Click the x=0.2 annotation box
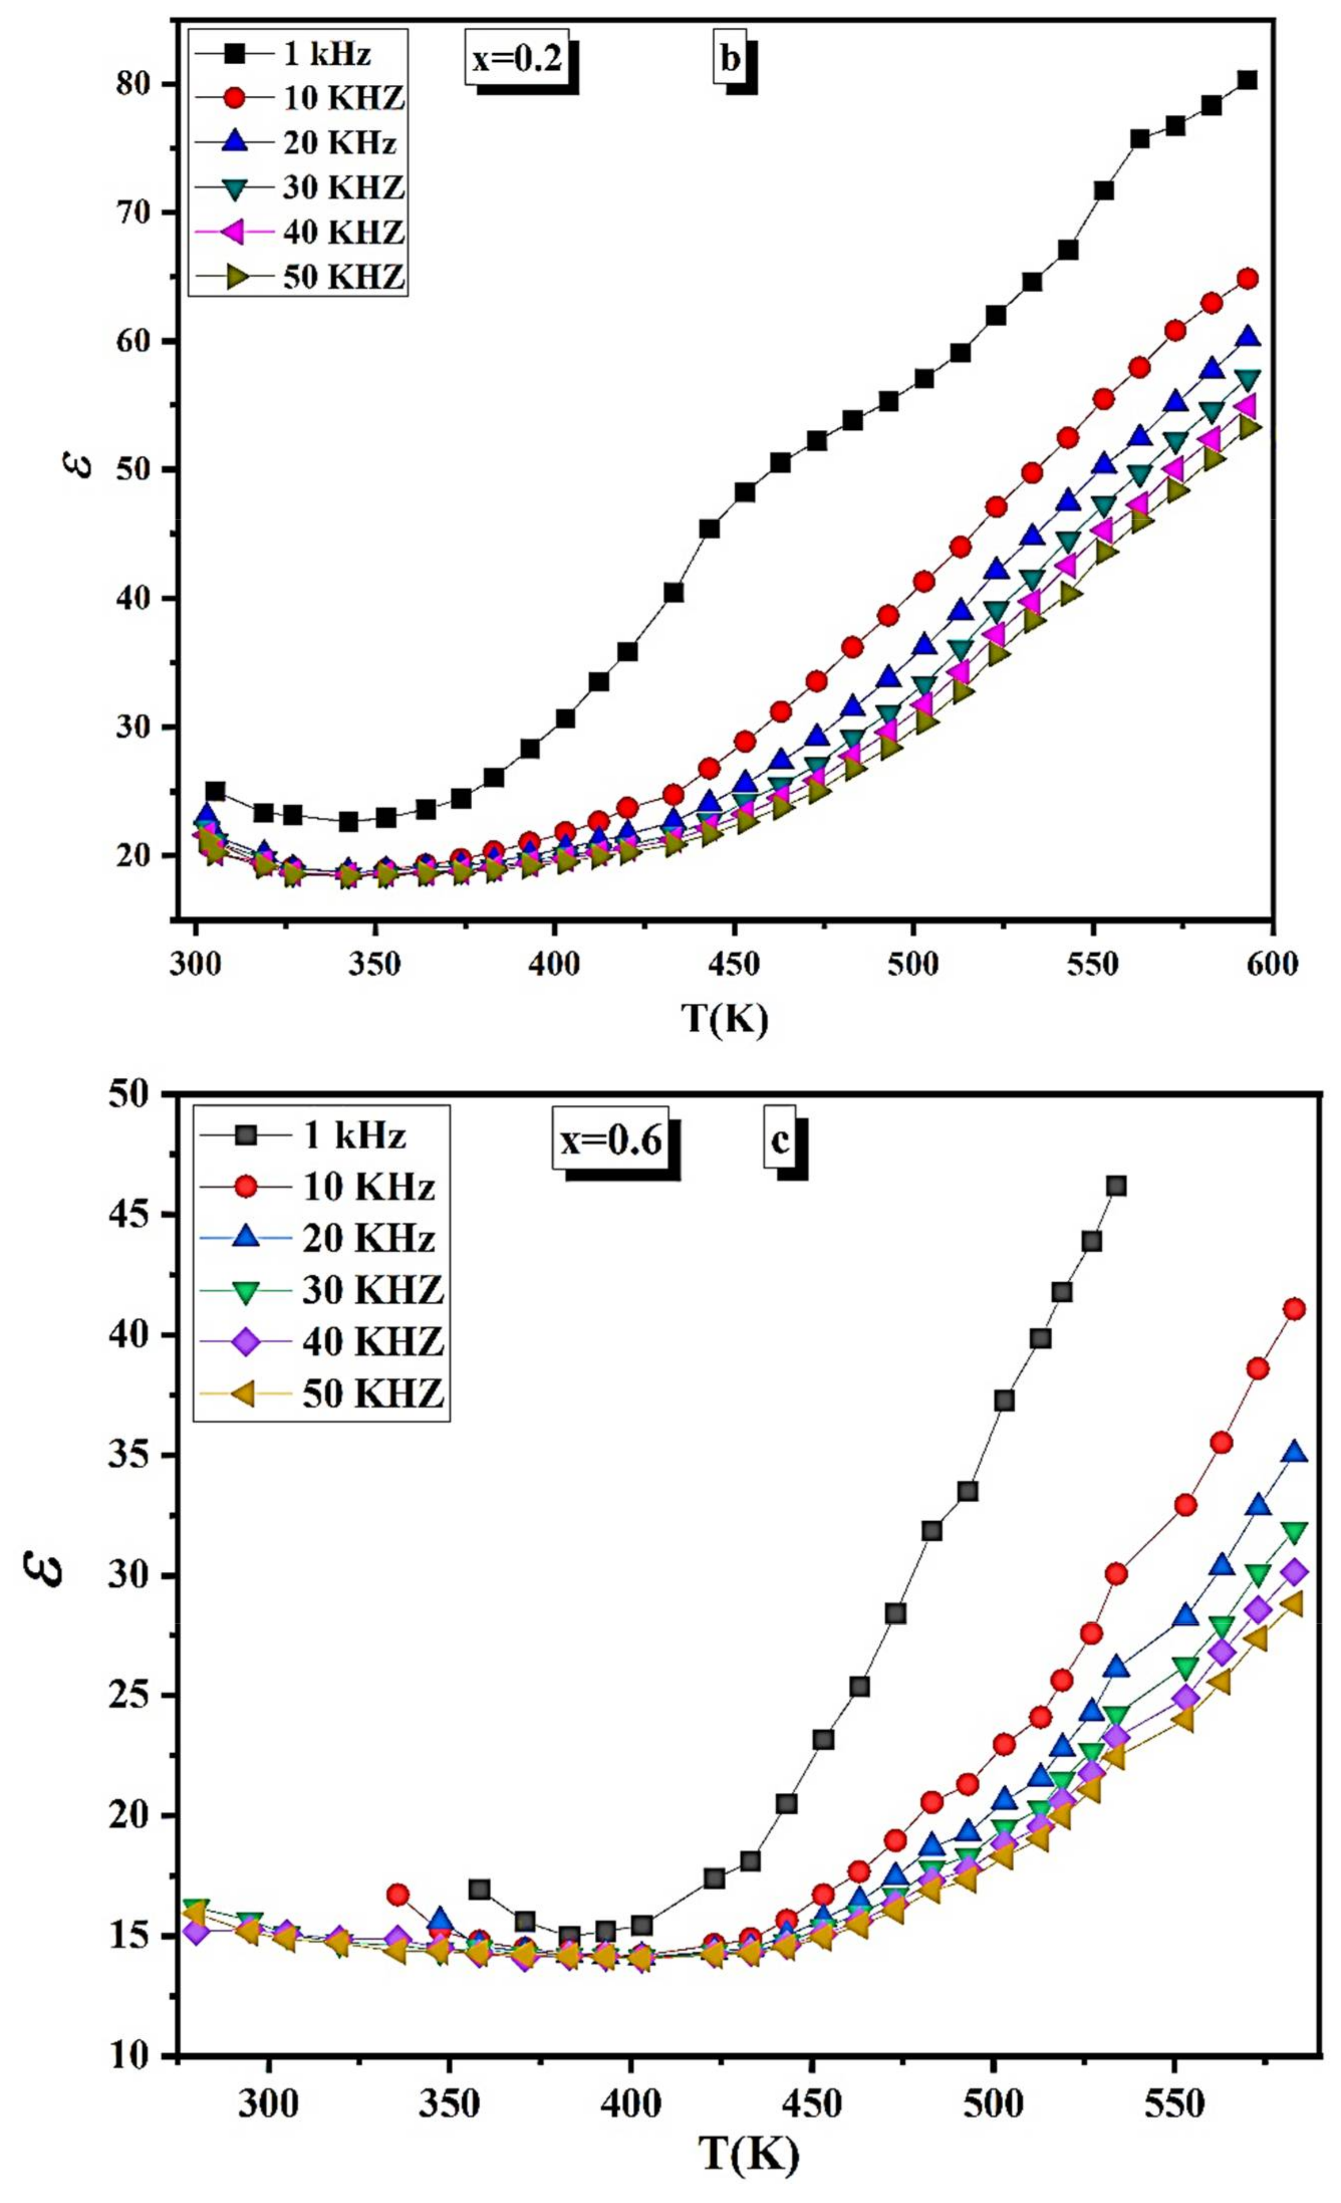pyautogui.click(x=517, y=60)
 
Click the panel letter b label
pyautogui.click(x=730, y=60)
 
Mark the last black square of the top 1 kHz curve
pyautogui.click(x=1247, y=80)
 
